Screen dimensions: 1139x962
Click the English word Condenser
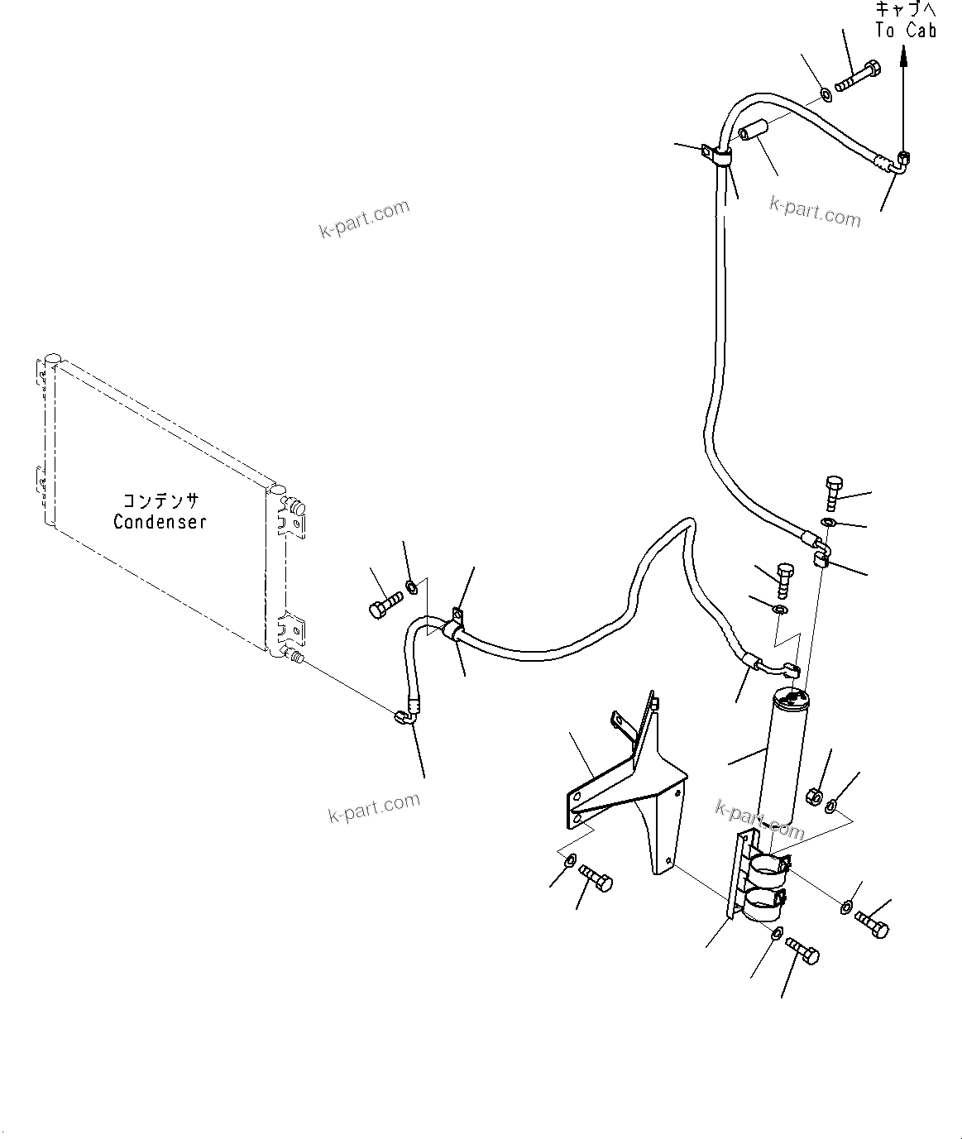pyautogui.click(x=160, y=522)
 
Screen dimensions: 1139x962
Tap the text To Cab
pyautogui.click(x=906, y=31)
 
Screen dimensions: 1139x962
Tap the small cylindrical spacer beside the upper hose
pyautogui.click(x=754, y=131)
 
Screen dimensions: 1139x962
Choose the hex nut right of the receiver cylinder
pyautogui.click(x=812, y=797)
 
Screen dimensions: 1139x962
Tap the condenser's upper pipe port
pyautogui.click(x=295, y=506)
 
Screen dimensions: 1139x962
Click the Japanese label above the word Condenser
pyautogui.click(x=160, y=500)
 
